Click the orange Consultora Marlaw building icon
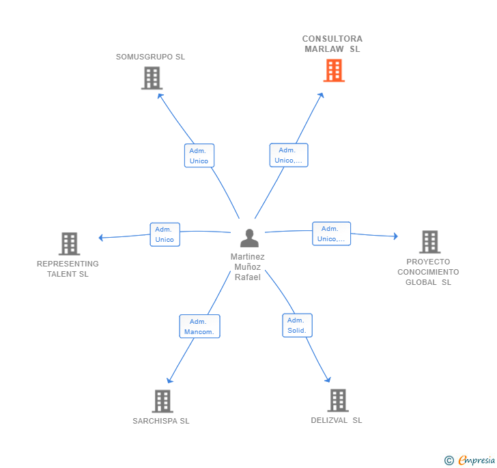click(334, 70)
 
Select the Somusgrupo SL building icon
click(152, 78)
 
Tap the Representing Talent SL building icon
click(70, 244)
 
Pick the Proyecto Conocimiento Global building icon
click(430, 242)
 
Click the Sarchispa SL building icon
click(162, 401)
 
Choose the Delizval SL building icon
click(338, 400)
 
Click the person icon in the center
click(249, 238)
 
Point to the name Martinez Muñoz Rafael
click(248, 267)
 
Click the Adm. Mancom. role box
click(199, 326)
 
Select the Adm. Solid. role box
click(298, 325)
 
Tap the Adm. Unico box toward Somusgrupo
click(199, 156)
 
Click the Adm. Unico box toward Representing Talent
click(165, 234)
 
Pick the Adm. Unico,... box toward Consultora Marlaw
click(289, 155)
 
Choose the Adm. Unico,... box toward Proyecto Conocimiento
click(332, 234)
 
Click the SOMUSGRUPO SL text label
click(150, 57)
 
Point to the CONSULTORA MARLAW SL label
click(332, 44)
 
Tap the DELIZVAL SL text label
click(337, 420)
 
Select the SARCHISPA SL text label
click(161, 421)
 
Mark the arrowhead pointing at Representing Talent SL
click(101, 237)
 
